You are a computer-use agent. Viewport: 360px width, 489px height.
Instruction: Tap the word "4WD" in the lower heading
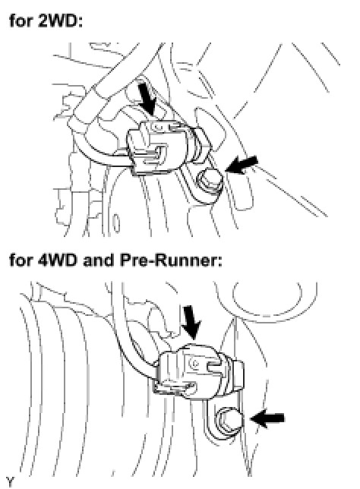pos(58,260)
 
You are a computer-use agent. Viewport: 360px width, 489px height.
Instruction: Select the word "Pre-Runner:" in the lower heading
pos(171,260)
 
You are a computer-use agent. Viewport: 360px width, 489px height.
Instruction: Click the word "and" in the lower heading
pos(98,260)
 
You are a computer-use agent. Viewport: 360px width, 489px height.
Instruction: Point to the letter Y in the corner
pos(10,481)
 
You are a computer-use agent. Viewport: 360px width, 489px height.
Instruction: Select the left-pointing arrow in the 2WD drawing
pos(242,164)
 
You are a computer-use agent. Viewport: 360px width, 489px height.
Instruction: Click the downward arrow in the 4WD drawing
pos(191,323)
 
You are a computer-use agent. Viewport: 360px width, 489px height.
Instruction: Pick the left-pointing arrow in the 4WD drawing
pos(267,418)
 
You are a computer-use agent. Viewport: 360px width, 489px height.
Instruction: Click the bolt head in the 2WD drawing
pos(210,181)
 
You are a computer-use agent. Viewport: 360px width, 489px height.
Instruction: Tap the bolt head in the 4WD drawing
pos(229,421)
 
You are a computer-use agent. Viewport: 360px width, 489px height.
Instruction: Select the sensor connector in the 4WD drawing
pos(198,371)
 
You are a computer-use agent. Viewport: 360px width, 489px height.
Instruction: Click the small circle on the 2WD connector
pos(156,127)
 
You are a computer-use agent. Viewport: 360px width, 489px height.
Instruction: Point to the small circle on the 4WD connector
pos(195,362)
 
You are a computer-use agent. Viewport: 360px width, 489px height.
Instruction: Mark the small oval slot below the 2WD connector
pos(116,223)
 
